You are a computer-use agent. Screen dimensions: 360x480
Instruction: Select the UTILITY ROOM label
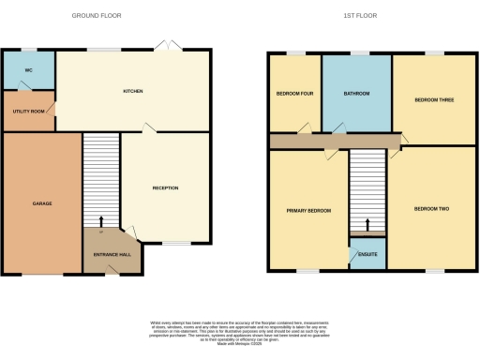coord(27,112)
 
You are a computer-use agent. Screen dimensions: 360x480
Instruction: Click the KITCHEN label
coord(132,91)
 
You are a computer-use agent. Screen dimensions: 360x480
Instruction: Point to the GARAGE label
coord(41,202)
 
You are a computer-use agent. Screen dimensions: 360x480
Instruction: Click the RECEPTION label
coord(165,187)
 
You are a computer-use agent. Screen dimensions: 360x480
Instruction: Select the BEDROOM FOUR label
coord(294,94)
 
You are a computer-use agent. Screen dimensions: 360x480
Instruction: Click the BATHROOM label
coord(356,94)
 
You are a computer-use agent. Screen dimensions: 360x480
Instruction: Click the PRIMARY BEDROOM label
coord(308,211)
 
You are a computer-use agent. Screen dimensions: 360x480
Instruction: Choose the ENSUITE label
coord(367,254)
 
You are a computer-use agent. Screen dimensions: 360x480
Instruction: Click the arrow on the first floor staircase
coord(367,225)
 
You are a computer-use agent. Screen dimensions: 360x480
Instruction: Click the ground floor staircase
coord(101,178)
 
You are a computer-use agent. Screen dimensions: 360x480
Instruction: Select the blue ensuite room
coord(367,256)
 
